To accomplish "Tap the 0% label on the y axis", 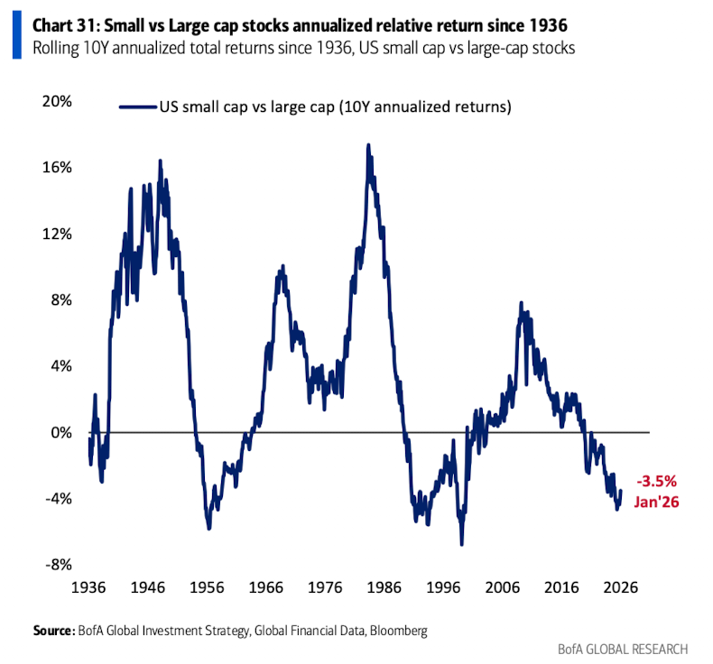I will (x=61, y=432).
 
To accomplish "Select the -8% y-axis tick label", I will (x=60, y=565).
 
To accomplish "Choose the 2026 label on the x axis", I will (x=621, y=586).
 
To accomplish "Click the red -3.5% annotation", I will (x=655, y=481).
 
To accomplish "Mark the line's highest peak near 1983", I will (x=368, y=144).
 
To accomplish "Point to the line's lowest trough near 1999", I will (x=461, y=545).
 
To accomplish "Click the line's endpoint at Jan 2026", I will (x=621, y=491).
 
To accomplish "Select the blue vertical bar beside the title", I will (x=16, y=29).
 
